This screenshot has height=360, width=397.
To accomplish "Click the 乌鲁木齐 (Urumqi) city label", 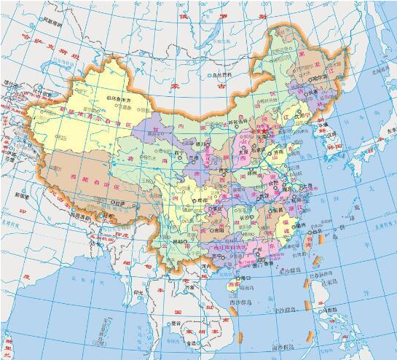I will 122,98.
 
